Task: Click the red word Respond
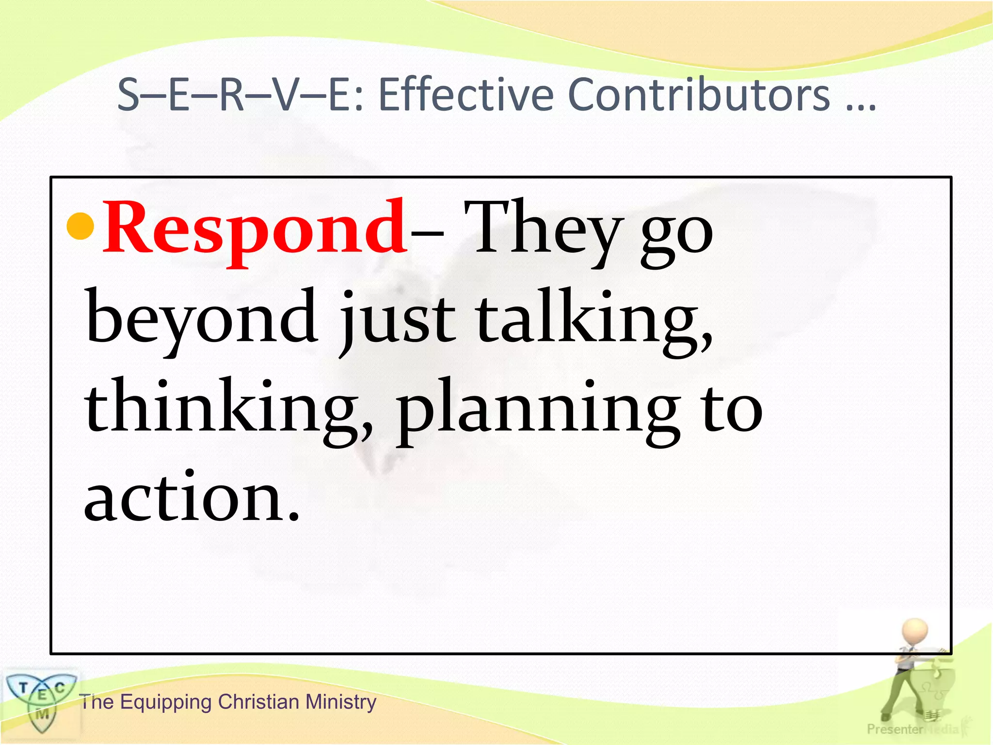(255, 228)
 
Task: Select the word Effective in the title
(465, 95)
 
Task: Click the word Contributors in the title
(698, 95)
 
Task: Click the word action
(187, 497)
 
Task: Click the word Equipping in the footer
(165, 702)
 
